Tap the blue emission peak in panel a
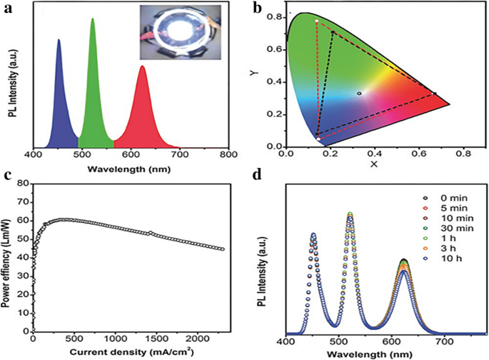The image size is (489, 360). (x=59, y=41)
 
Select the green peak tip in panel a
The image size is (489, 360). (x=92, y=20)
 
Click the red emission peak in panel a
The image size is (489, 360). (x=142, y=67)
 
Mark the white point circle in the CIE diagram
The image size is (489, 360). (x=359, y=93)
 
